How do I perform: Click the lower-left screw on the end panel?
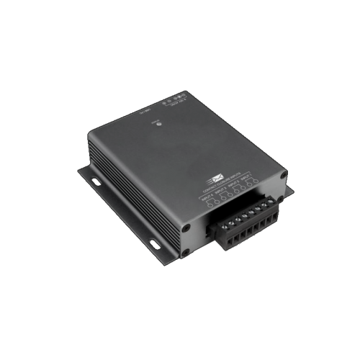[x=186, y=252]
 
